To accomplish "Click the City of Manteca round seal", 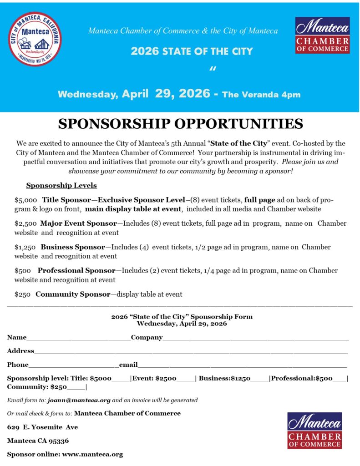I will pyautogui.click(x=35, y=39).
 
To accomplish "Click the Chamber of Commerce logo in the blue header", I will pyautogui.click(x=322, y=35).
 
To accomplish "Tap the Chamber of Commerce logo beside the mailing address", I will pyautogui.click(x=314, y=431).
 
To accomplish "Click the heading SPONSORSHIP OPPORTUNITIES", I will pyautogui.click(x=180, y=124).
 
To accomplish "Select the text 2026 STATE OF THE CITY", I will pyautogui.click(x=191, y=51).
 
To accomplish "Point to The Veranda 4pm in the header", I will pyautogui.click(x=261, y=95).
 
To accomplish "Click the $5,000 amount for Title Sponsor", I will pyautogui.click(x=25, y=200).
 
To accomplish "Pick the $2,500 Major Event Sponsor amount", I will pyautogui.click(x=25, y=223).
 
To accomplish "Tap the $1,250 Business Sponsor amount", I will pyautogui.click(x=25, y=247).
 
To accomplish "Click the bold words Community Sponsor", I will pyautogui.click(x=73, y=294).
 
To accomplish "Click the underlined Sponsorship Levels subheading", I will pyautogui.click(x=61, y=186).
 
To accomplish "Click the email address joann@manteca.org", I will pyautogui.click(x=79, y=400).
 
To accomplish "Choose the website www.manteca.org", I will pyautogui.click(x=92, y=454).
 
